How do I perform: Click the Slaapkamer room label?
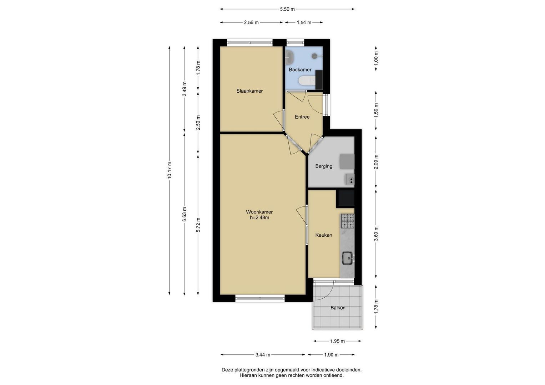tap(249, 91)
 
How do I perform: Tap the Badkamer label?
tap(300, 70)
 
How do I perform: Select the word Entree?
tap(302, 117)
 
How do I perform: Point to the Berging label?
tap(324, 166)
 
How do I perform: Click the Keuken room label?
tap(324, 235)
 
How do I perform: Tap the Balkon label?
tap(338, 308)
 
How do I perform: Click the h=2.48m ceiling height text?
tap(259, 218)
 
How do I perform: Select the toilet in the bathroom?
tap(307, 81)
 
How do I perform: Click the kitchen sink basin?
tap(347, 258)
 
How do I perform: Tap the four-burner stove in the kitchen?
tap(347, 221)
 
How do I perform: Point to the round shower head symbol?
tap(314, 56)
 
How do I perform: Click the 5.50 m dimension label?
tap(287, 9)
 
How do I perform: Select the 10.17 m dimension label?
tap(170, 170)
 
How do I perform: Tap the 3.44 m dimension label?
tap(263, 355)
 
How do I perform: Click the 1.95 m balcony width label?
tap(338, 341)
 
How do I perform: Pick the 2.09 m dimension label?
tap(376, 162)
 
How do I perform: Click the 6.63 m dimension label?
tap(185, 214)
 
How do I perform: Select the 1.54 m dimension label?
tap(304, 22)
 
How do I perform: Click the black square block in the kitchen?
tap(345, 198)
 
